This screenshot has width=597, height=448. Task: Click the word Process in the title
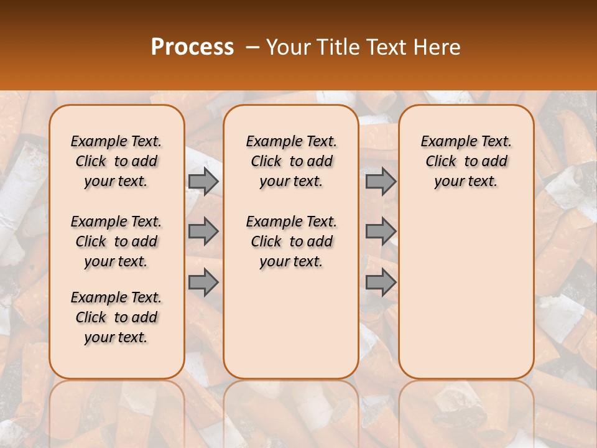[192, 47]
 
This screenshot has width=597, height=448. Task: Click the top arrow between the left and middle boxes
[203, 181]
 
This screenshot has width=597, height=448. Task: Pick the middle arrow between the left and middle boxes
[203, 231]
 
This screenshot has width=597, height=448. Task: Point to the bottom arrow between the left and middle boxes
[203, 282]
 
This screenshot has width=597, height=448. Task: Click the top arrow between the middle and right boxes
[381, 181]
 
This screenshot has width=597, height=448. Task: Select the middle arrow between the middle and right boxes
[381, 231]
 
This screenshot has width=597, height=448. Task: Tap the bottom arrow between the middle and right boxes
[381, 282]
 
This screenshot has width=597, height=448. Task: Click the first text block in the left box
[116, 161]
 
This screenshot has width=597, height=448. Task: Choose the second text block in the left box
[116, 241]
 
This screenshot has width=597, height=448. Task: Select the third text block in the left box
[116, 317]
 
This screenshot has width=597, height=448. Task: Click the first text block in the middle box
[291, 161]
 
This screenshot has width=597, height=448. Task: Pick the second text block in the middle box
[291, 241]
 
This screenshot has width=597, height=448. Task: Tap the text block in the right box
[466, 161]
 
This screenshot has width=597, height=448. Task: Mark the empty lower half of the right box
[466, 299]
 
